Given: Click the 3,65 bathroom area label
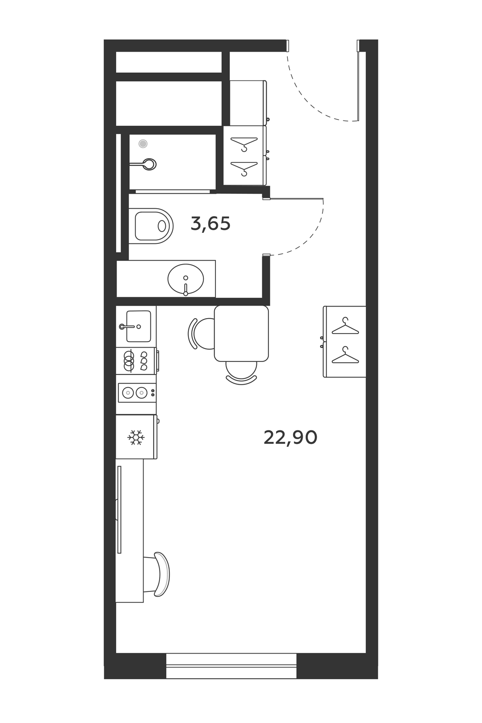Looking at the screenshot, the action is [x=211, y=224].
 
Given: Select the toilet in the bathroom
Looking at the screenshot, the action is [x=151, y=226].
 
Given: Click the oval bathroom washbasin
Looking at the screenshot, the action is [x=186, y=280].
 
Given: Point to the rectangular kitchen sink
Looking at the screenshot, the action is [x=138, y=326].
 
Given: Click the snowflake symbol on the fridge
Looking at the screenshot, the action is [x=136, y=437].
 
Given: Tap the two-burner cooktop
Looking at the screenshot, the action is [x=136, y=393].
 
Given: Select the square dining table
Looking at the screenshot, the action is [x=241, y=333].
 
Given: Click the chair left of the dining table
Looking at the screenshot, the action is [x=201, y=334].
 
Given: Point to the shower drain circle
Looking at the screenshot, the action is [x=143, y=144].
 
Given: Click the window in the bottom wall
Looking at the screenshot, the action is [x=231, y=666].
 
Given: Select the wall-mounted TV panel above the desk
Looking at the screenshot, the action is [x=119, y=509].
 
